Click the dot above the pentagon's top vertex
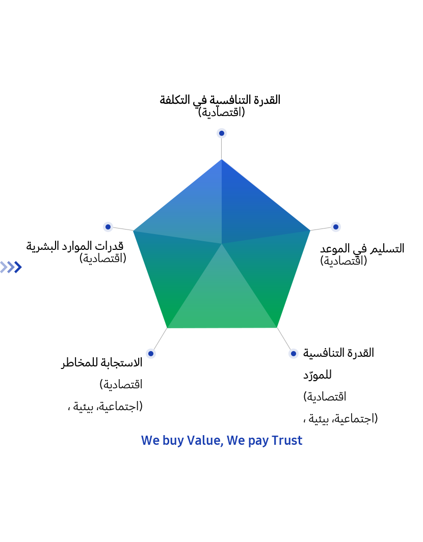click(x=222, y=133)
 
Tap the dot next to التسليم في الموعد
click(x=335, y=227)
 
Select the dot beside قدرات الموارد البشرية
click(x=108, y=227)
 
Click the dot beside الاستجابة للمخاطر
click(x=150, y=354)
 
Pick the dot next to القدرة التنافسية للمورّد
click(x=293, y=354)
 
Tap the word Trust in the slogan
click(x=287, y=441)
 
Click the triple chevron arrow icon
click(x=11, y=267)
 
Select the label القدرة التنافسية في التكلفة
click(x=220, y=100)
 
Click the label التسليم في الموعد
click(x=362, y=248)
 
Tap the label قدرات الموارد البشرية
click(x=75, y=246)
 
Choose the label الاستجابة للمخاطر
click(x=102, y=362)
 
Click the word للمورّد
click(x=318, y=375)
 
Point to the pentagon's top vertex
click(x=222, y=159)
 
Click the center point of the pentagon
click(x=222, y=244)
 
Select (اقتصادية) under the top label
click(x=222, y=112)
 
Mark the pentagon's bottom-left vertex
click(x=167, y=328)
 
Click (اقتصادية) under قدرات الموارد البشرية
click(x=103, y=258)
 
